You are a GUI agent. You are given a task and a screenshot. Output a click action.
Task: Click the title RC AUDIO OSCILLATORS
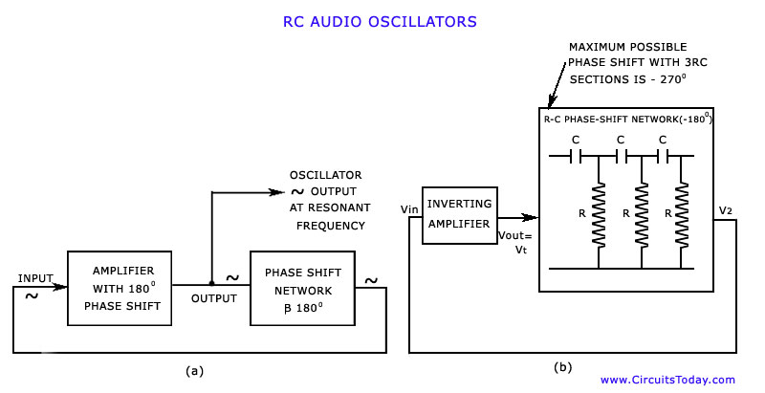point(380,22)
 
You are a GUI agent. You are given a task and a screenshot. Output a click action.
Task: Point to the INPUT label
point(35,278)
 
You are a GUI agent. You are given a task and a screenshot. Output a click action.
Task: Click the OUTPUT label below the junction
point(213,298)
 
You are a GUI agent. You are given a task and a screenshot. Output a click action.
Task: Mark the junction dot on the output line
point(211,283)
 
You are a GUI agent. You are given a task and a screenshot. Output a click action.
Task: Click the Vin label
point(409,209)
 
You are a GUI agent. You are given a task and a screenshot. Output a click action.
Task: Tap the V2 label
point(726,210)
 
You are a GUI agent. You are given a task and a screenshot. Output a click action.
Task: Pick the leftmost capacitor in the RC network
point(575,156)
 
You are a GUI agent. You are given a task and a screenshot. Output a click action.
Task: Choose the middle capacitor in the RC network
point(621,156)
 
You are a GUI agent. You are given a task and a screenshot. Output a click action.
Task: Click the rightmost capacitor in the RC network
point(663,156)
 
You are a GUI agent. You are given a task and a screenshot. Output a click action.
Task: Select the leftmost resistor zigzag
point(599,214)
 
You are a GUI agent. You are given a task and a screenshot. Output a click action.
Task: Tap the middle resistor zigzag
point(642,214)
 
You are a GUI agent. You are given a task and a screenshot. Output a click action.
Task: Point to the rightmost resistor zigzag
point(681,214)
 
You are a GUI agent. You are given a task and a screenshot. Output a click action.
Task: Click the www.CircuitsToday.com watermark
point(667,380)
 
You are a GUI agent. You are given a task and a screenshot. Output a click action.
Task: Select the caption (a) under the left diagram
point(194,371)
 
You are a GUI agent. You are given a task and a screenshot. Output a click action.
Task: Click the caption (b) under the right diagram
point(562,367)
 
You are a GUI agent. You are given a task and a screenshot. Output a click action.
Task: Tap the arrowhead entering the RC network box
point(530,217)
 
